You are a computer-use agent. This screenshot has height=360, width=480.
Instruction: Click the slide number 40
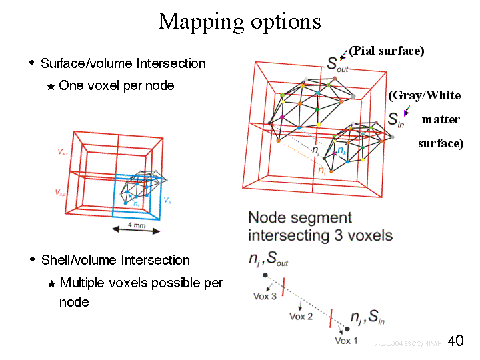click(455, 341)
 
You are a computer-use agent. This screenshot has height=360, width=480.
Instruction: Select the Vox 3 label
click(265, 295)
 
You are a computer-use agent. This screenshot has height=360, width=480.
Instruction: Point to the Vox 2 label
click(301, 316)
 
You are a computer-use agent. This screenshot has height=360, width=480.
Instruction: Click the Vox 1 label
click(346, 341)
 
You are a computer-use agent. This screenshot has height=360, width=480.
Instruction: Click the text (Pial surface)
click(387, 51)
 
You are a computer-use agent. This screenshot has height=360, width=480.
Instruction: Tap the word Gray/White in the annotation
click(425, 95)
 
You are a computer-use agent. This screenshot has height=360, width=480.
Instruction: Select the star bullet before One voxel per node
click(50, 87)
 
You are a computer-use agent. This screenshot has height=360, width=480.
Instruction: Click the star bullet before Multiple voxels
click(50, 284)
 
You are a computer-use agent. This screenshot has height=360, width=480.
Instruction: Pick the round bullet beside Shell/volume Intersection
click(31, 259)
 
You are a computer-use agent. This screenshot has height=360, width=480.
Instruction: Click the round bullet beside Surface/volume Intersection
click(31, 62)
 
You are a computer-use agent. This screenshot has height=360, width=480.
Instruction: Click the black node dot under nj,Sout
click(265, 275)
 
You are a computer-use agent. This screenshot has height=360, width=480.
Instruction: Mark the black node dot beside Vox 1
click(347, 329)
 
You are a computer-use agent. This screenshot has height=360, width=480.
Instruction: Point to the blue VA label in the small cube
click(167, 200)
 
